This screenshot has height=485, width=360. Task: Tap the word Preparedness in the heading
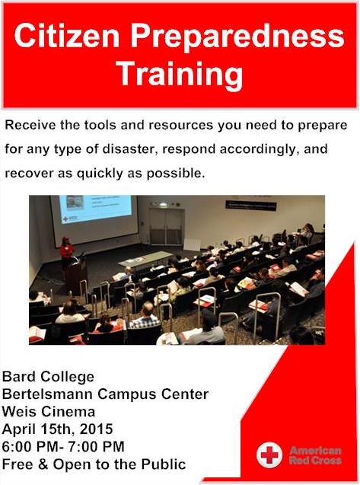(237, 37)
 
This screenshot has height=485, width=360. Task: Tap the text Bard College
(48, 377)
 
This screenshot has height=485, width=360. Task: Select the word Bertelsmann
(48, 394)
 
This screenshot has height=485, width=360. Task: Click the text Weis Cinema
(48, 412)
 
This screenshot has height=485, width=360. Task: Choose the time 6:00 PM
(29, 447)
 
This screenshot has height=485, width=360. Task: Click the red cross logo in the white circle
(269, 455)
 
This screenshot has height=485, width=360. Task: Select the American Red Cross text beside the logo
(315, 455)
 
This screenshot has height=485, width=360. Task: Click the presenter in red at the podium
(66, 251)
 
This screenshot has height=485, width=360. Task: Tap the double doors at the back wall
(167, 226)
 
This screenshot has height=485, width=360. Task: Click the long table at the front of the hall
(146, 259)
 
